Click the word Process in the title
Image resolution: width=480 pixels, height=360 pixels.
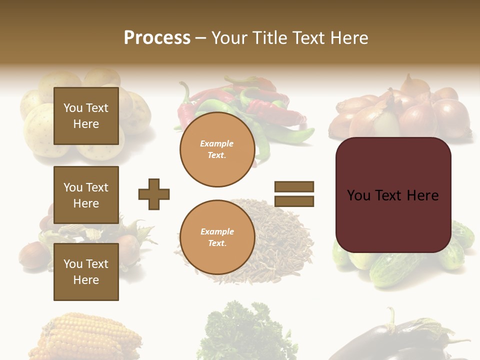pos(157,38)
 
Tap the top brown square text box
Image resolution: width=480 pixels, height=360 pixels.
pos(86,116)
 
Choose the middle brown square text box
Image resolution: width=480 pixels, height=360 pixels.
pos(86,195)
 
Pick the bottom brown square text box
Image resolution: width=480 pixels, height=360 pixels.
pos(86,271)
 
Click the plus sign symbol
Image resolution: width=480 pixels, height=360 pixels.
pos(154,194)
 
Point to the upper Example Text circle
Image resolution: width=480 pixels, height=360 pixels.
pos(217,149)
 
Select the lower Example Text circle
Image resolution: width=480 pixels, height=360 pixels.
pos(217,237)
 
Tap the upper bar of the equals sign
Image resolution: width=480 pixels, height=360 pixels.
pos(294,186)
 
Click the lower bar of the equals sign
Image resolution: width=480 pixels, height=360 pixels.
pos(294,201)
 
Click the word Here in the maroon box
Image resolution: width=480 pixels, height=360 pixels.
pos(422,195)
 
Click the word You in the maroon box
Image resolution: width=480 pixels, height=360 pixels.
pos(358,195)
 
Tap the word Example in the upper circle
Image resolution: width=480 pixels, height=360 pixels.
pos(217,143)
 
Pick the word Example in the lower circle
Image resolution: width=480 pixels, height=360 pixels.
pos(217,231)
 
